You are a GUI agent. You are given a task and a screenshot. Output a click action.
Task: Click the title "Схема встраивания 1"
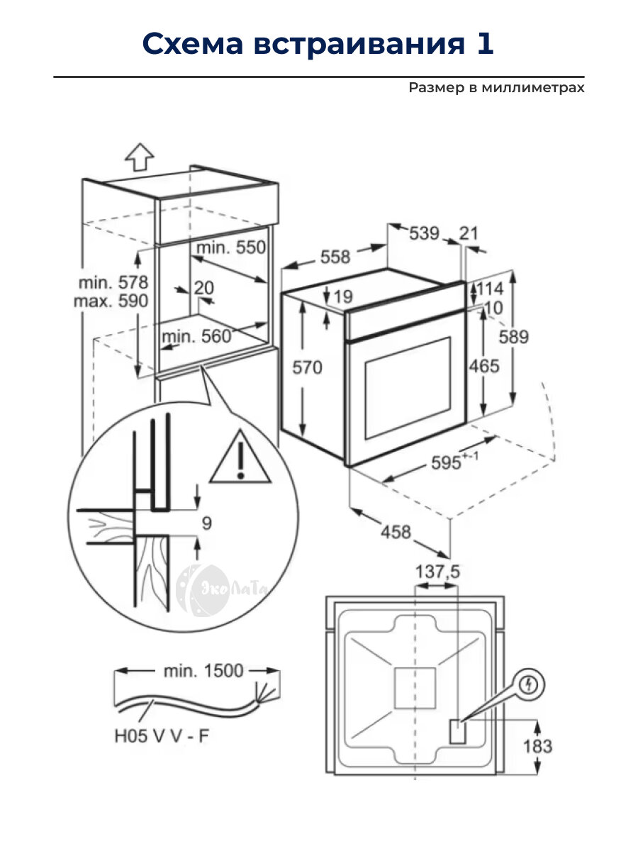click(318, 44)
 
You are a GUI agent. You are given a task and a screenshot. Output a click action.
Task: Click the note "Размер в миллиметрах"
click(496, 88)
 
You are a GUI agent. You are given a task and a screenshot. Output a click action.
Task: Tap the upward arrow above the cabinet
click(140, 155)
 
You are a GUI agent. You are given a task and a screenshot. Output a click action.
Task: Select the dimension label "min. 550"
click(230, 247)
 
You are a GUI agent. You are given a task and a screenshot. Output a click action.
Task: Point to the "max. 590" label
click(111, 301)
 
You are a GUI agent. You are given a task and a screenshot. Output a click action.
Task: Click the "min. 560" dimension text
click(196, 336)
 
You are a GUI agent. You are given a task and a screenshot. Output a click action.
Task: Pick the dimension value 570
click(306, 367)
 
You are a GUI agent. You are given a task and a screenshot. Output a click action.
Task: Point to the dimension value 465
click(484, 366)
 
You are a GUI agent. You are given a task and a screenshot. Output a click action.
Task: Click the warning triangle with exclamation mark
click(242, 458)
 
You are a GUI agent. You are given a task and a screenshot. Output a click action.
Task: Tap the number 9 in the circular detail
click(206, 524)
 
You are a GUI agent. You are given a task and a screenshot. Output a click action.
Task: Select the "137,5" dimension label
click(435, 571)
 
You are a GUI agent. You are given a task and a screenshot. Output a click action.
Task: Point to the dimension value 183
click(537, 746)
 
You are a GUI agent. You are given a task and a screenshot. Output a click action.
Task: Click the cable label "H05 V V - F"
click(162, 736)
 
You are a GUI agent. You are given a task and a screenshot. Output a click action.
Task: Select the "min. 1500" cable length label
click(203, 670)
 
